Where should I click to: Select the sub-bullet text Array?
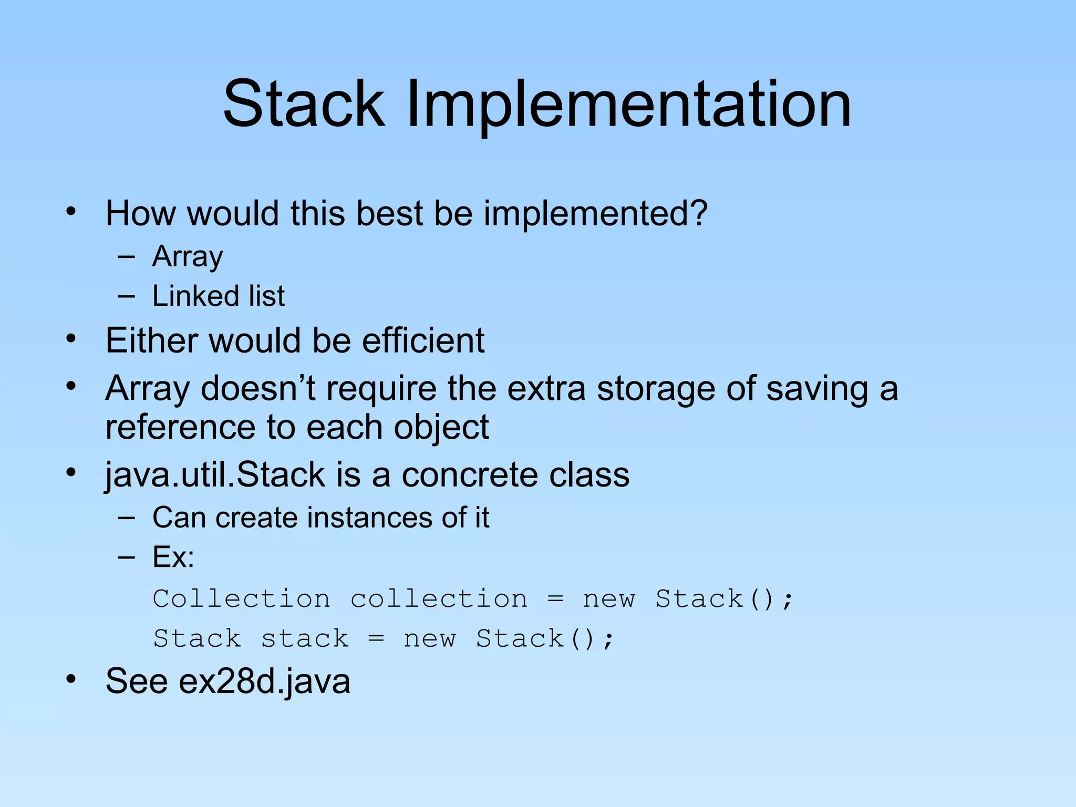[188, 257]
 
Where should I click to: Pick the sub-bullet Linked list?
[218, 296]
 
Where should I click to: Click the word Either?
[151, 340]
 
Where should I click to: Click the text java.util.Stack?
[215, 475]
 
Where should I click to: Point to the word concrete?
[469, 475]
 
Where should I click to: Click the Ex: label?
[173, 557]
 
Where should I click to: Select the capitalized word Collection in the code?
[241, 599]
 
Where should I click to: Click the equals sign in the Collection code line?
[555, 599]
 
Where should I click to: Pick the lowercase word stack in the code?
[305, 639]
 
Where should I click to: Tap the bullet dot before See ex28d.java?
[71, 679]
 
